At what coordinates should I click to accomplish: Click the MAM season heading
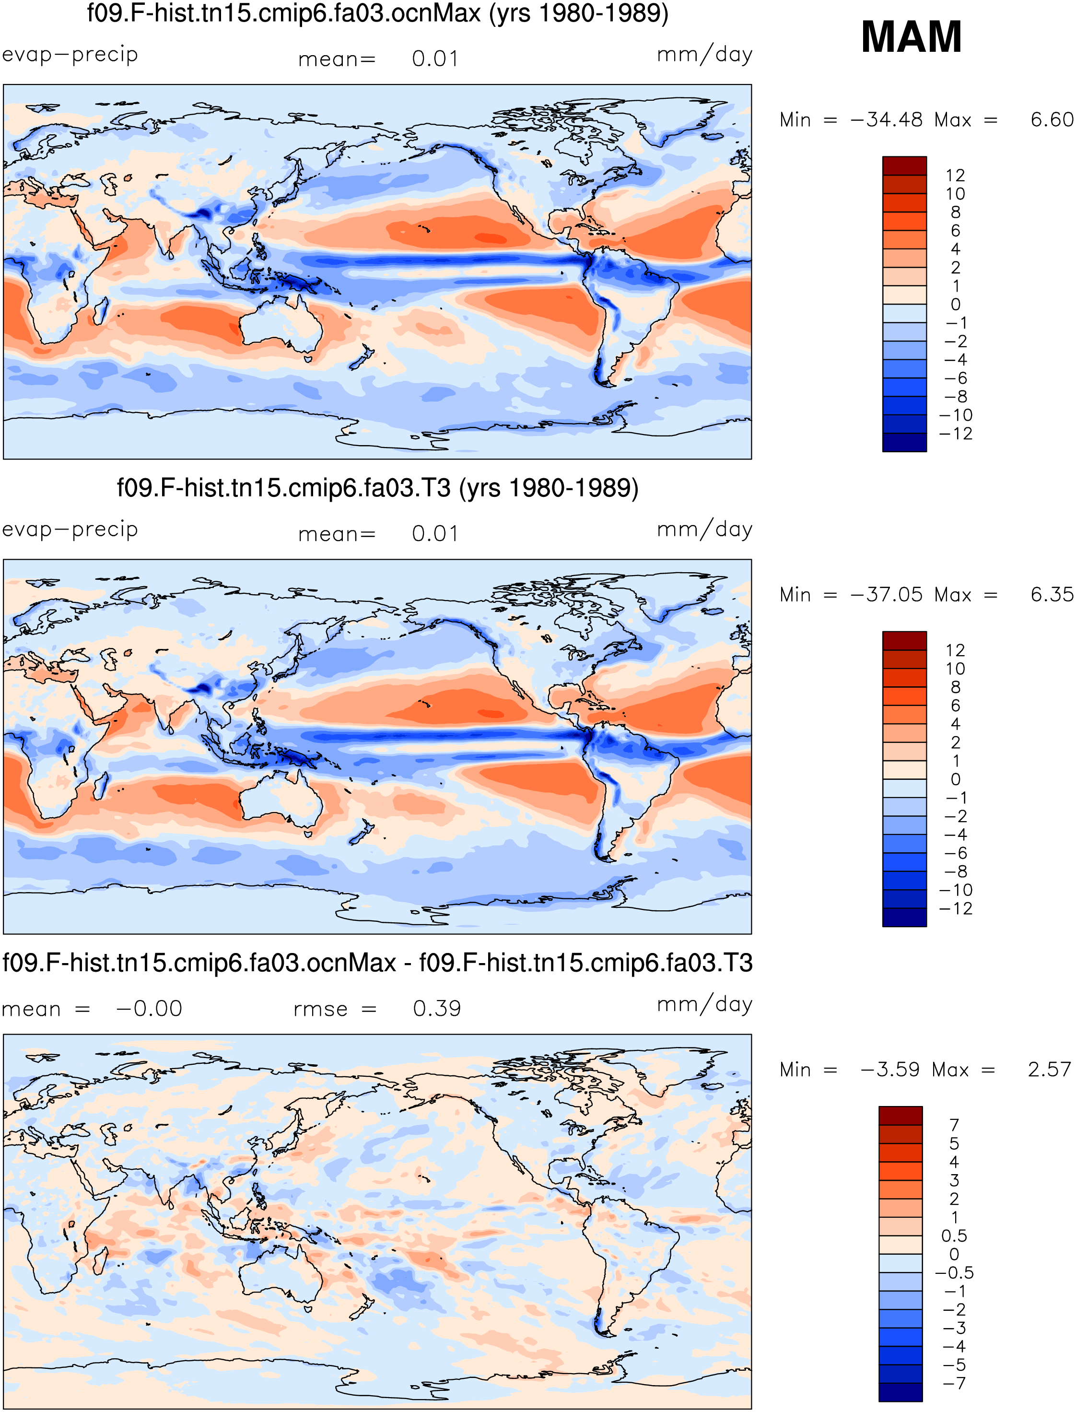point(912,36)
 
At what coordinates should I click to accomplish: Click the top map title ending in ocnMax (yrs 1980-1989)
point(378,13)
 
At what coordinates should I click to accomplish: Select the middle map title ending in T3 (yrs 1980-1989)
point(378,488)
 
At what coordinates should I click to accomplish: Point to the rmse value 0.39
point(437,1009)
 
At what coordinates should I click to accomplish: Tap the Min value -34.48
point(887,120)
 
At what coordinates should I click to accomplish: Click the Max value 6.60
point(1052,120)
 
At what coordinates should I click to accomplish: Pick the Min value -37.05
point(887,595)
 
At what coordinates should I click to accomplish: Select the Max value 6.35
point(1052,595)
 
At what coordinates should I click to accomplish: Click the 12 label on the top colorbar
point(955,176)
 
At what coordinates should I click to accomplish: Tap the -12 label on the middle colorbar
point(956,908)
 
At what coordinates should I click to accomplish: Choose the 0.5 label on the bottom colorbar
point(954,1235)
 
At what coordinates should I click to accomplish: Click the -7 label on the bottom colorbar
point(954,1383)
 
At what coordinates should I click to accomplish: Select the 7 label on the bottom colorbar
point(954,1125)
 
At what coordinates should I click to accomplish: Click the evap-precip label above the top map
point(70,55)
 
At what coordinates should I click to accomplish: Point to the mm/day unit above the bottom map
point(704,1004)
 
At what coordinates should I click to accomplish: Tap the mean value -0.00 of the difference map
point(149,1009)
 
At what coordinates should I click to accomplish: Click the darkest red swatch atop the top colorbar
point(904,166)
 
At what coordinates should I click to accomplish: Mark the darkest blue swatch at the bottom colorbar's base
point(901,1392)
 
